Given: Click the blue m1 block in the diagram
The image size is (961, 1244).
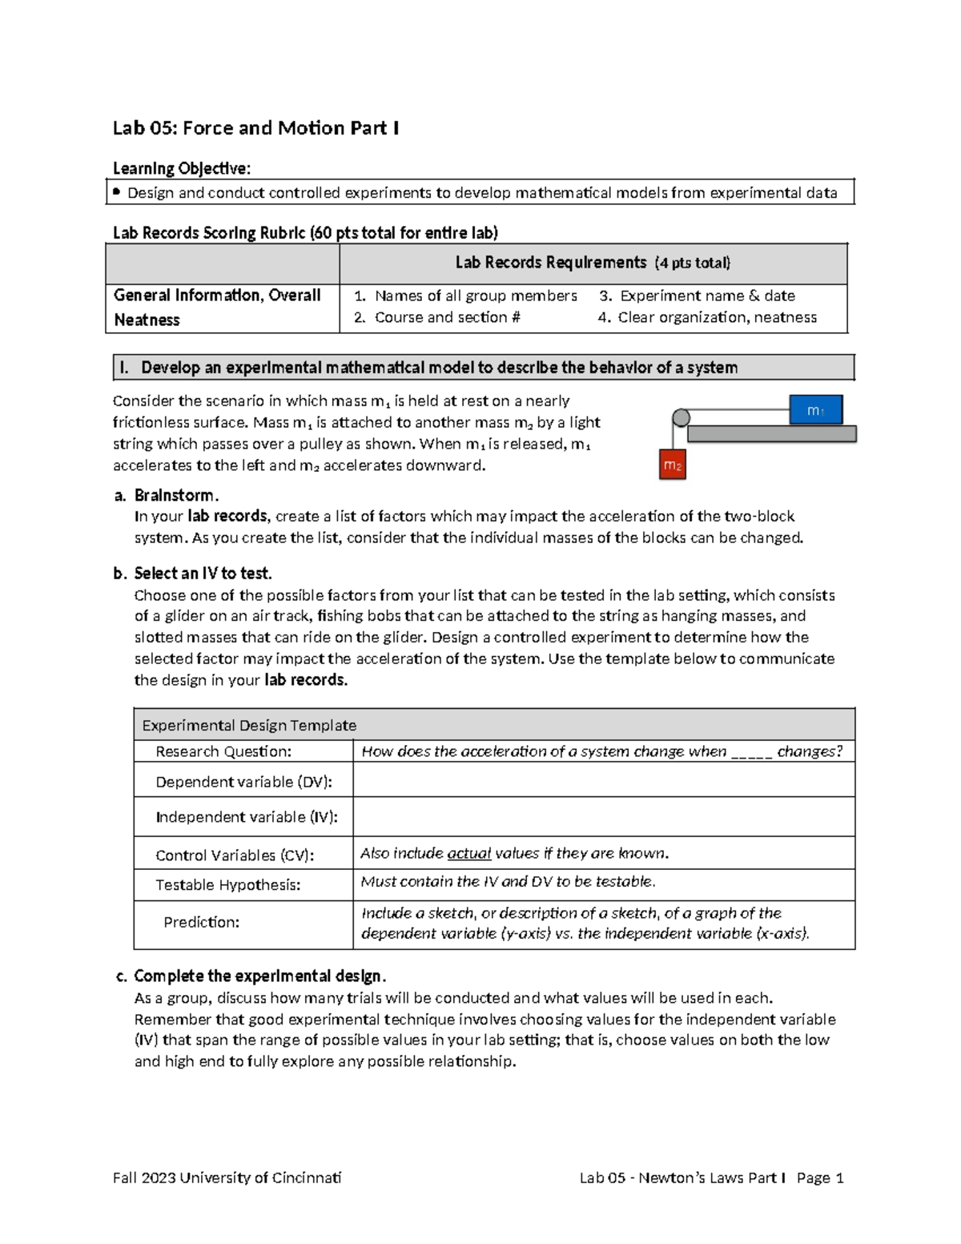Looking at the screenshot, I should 815,409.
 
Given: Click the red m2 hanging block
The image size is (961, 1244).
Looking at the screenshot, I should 672,465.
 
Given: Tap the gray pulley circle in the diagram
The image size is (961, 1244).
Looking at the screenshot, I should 681,417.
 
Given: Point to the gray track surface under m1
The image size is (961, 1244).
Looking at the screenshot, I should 771,433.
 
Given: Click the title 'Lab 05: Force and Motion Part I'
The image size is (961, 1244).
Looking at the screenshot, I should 255,128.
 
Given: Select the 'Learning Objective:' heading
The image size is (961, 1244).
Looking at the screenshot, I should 181,168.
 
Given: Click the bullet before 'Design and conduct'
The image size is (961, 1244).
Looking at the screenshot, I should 117,192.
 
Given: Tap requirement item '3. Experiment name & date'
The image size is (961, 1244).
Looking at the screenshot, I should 697,296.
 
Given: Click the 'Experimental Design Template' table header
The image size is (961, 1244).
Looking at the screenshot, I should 249,725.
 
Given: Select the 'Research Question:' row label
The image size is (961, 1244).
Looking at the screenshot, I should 223,751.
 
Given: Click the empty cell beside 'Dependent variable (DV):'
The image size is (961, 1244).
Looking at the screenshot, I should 603,780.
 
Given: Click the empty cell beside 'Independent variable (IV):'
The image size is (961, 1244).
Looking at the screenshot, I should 603,816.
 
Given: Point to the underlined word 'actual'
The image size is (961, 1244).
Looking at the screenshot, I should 468,853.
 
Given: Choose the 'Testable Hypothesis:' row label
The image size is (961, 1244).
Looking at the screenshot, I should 227,885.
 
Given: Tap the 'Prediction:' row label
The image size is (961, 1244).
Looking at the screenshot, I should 201,922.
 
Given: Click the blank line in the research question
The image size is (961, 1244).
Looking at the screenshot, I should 751,753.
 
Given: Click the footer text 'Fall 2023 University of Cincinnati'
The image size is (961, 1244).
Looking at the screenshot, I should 227,1178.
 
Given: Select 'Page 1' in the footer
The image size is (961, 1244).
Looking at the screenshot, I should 820,1178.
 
